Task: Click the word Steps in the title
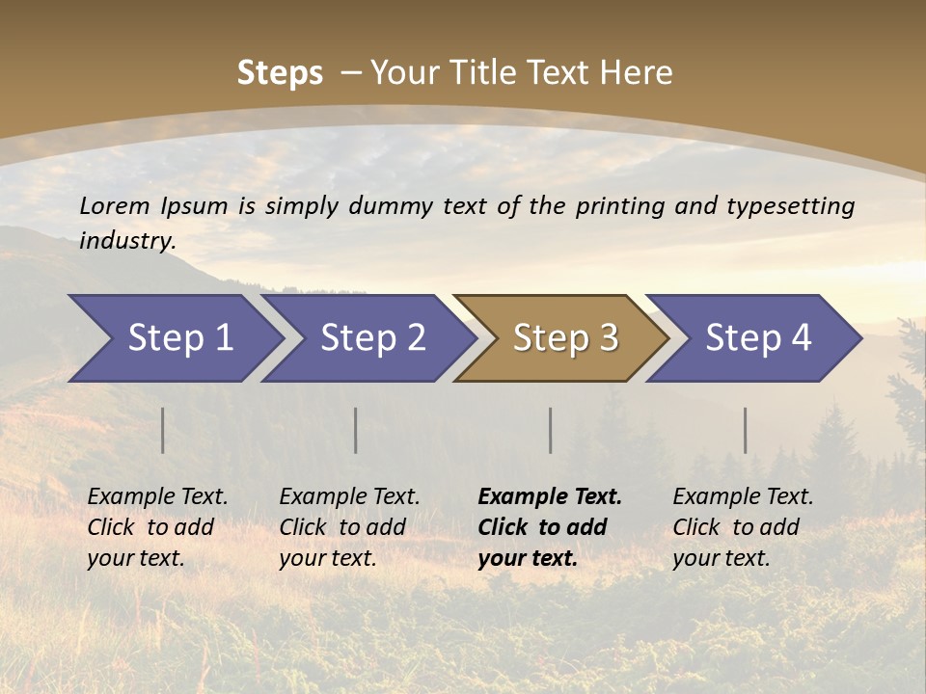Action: click(280, 73)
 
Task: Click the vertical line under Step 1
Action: click(163, 430)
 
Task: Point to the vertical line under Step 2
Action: click(356, 430)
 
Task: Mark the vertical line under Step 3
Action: click(551, 430)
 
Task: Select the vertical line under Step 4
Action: click(746, 430)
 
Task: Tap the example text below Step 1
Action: click(157, 527)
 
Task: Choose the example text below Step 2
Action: click(349, 527)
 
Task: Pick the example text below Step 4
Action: click(743, 527)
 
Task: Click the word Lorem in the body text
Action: click(115, 205)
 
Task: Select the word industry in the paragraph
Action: click(126, 240)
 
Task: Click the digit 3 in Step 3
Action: click(608, 338)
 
